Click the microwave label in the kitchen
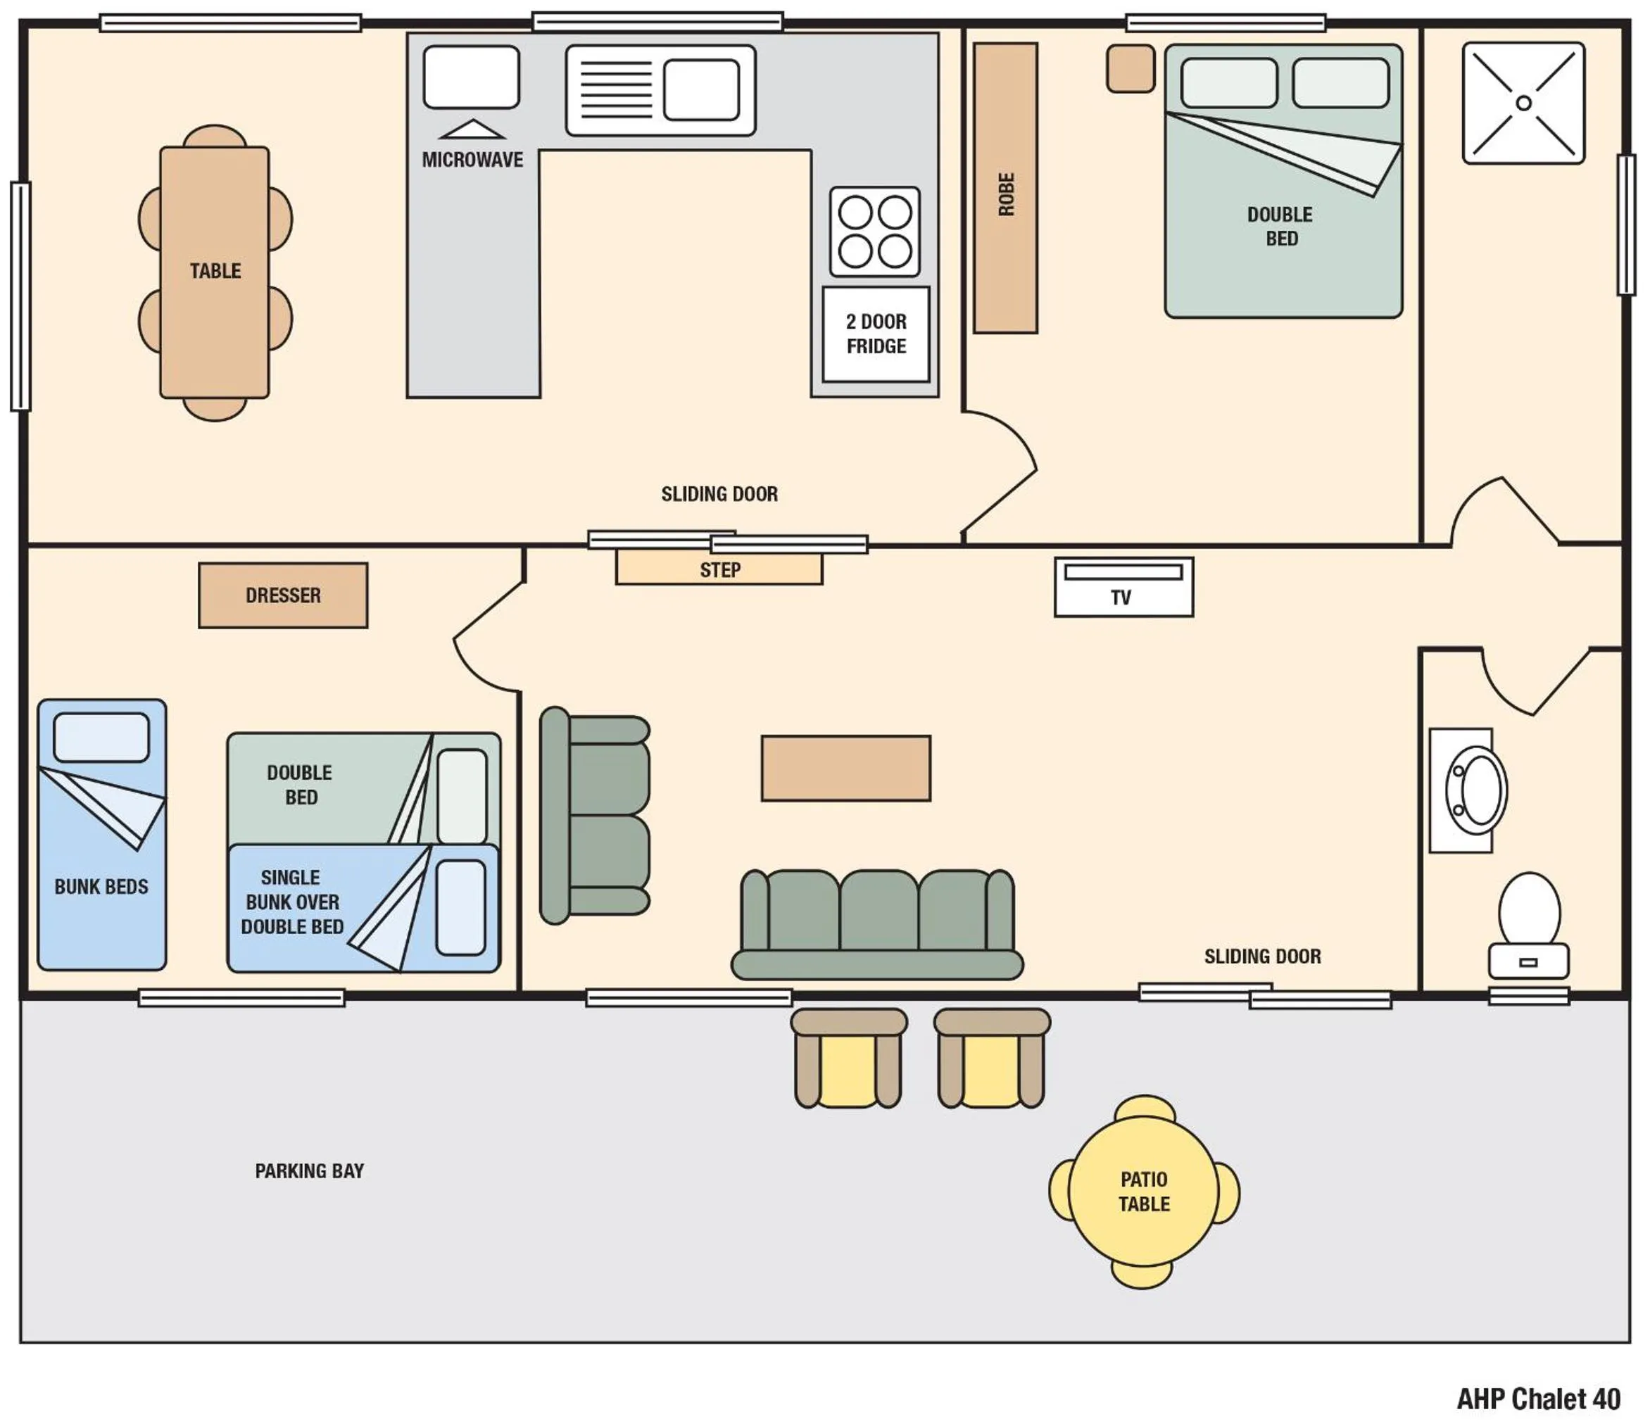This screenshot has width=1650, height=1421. (472, 160)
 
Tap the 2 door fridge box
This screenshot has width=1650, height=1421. (875, 334)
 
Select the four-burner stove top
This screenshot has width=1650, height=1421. (874, 232)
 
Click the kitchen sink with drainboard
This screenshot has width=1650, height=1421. (660, 90)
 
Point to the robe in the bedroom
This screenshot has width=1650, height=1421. (1005, 188)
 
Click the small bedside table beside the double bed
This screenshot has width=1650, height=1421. (1129, 68)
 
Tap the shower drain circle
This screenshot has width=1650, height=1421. (1523, 103)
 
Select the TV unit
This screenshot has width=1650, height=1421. (1123, 587)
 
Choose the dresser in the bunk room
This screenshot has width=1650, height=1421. (283, 595)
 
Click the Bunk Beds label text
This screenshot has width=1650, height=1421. (101, 887)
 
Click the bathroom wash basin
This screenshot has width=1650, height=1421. (1475, 790)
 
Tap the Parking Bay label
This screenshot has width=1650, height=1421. (309, 1171)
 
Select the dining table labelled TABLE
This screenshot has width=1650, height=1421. (214, 272)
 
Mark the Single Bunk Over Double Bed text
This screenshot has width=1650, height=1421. (292, 902)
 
